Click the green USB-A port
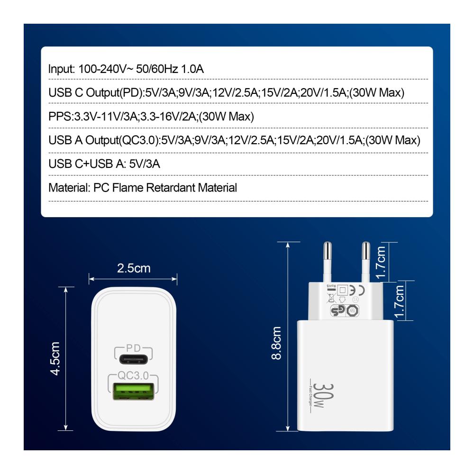click(x=133, y=391)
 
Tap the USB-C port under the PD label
click(x=133, y=359)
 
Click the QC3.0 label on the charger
click(x=133, y=375)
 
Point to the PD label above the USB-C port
click(x=133, y=348)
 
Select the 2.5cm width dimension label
click(x=134, y=268)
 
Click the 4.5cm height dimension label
click(x=55, y=358)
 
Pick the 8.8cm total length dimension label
click(x=276, y=343)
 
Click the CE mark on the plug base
click(x=357, y=290)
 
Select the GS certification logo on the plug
click(x=338, y=310)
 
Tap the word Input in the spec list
click(x=61, y=69)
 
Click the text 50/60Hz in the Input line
click(x=157, y=69)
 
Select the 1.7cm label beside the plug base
click(x=399, y=301)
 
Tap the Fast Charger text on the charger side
click(x=310, y=395)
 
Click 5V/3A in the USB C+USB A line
click(x=145, y=164)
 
